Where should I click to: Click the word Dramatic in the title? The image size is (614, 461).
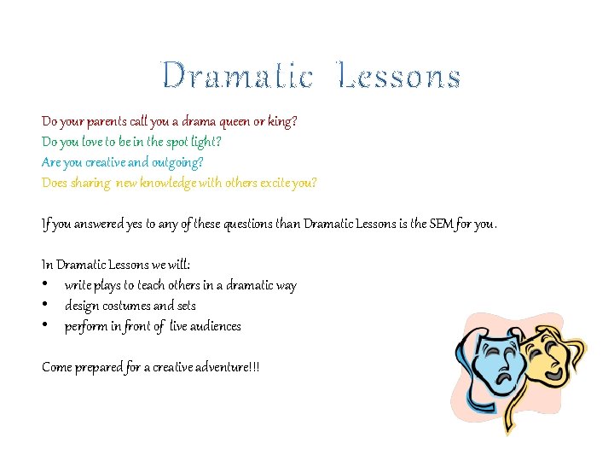point(237,76)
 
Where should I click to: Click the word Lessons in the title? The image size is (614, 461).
point(399,76)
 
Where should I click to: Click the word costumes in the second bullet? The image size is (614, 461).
point(124,306)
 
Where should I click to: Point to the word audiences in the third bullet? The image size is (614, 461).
point(214,326)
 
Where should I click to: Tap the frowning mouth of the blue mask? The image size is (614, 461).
point(504,374)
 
